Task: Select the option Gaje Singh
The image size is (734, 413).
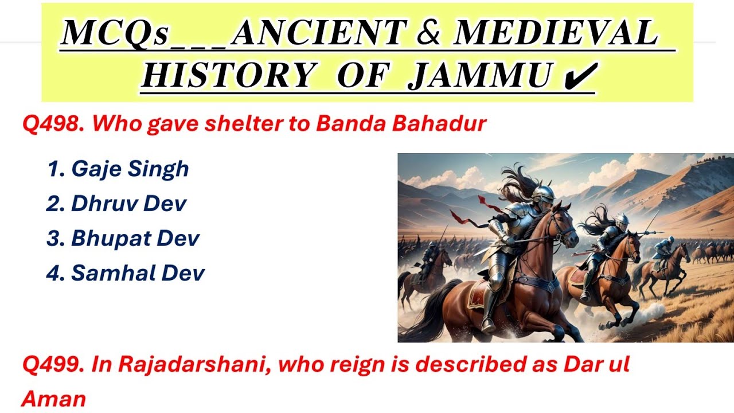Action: coord(118,169)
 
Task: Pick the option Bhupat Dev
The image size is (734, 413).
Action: coord(123,239)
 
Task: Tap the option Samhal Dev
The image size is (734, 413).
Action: coord(125,274)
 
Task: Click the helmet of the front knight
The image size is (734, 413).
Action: coord(542,194)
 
